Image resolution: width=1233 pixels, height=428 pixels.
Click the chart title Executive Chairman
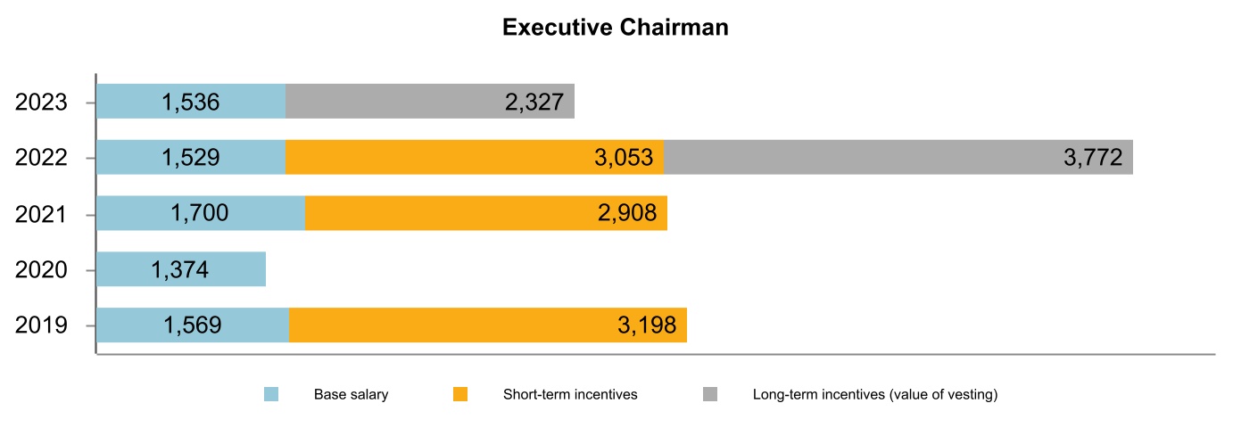(x=616, y=28)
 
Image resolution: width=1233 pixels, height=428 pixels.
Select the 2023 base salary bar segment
(x=190, y=102)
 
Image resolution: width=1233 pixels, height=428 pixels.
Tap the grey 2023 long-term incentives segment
(x=430, y=102)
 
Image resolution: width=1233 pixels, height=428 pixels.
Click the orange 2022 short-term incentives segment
(x=475, y=158)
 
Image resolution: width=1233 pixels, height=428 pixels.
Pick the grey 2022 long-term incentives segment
(x=898, y=158)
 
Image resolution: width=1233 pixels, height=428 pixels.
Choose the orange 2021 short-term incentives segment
(x=486, y=214)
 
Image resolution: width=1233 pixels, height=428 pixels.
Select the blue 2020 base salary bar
(x=180, y=269)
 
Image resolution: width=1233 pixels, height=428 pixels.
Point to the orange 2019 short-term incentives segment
(x=488, y=325)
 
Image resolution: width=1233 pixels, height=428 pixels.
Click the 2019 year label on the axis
(x=41, y=325)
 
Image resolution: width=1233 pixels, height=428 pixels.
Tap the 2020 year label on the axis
(x=41, y=269)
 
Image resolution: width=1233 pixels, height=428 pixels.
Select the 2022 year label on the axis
(x=41, y=158)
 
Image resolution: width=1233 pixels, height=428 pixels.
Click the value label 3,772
(x=1093, y=158)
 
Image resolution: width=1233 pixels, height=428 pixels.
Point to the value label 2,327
(x=534, y=102)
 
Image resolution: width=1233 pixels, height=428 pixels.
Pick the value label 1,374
(x=180, y=269)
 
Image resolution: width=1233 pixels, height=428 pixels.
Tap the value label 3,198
(x=647, y=325)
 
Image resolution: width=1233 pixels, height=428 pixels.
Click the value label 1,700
(x=199, y=214)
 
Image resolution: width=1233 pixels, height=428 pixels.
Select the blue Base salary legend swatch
(x=271, y=394)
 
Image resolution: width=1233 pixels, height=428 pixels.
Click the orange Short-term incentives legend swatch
(x=460, y=394)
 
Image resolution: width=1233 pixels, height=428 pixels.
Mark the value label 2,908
(x=627, y=214)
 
